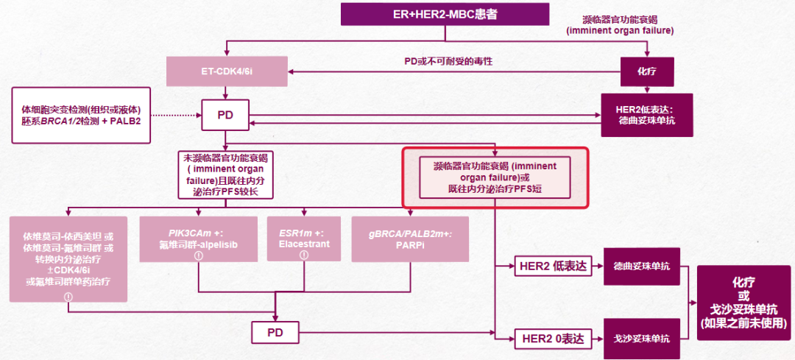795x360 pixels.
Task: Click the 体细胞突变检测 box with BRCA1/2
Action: pos(81,116)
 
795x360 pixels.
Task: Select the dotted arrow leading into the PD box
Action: pos(177,116)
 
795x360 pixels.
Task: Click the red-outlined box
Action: pos(495,177)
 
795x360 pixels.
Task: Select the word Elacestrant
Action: pos(303,242)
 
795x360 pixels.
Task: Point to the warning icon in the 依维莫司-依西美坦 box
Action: pos(68,296)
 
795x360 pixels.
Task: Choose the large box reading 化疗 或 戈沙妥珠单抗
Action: pos(743,303)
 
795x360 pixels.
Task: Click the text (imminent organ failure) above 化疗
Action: pos(620,31)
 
